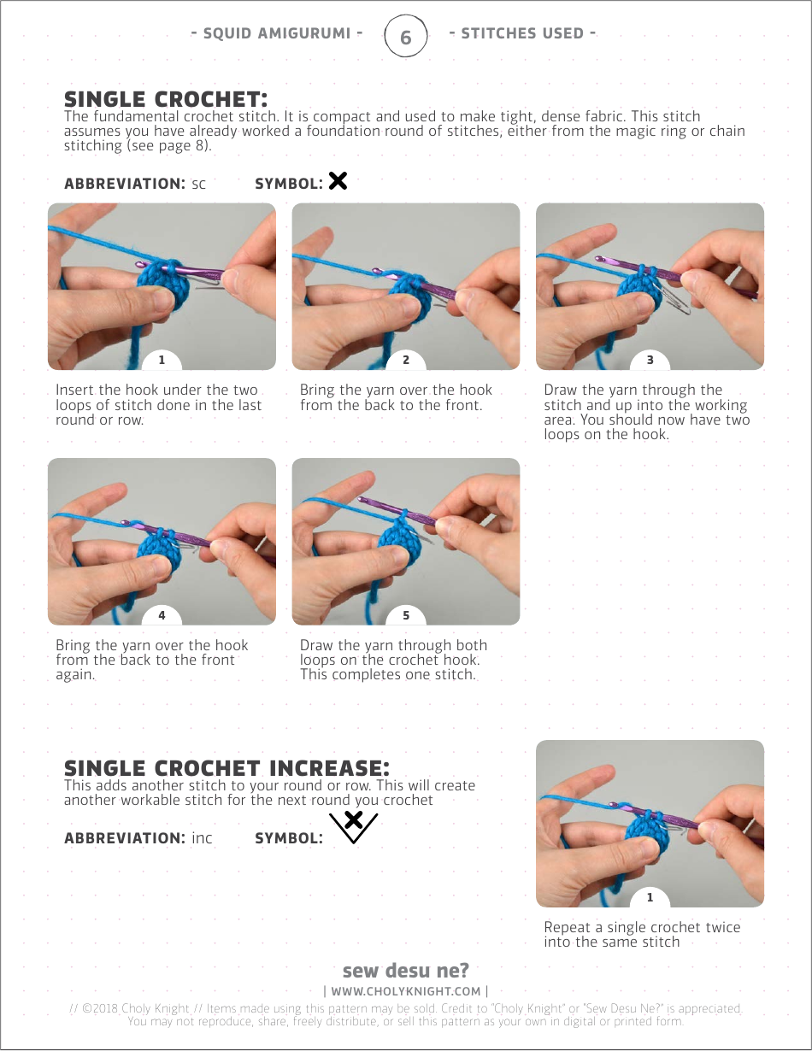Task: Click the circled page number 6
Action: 406,36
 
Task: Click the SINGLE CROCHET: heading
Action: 166,99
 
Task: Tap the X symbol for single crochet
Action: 338,181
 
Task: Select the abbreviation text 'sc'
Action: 199,185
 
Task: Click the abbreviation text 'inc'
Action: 203,838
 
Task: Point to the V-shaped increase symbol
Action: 354,827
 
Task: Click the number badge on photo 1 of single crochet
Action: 162,360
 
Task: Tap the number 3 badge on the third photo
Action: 650,360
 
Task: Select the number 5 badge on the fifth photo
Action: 406,615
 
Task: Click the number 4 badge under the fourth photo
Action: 162,615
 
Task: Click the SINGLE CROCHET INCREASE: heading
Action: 227,768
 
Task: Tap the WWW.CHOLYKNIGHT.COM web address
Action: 406,991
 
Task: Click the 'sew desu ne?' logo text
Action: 406,970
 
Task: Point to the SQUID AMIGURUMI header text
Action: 277,33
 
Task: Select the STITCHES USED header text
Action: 522,33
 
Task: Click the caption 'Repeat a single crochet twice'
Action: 642,927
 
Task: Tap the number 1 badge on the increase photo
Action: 650,897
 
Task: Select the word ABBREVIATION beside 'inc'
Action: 124,838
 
